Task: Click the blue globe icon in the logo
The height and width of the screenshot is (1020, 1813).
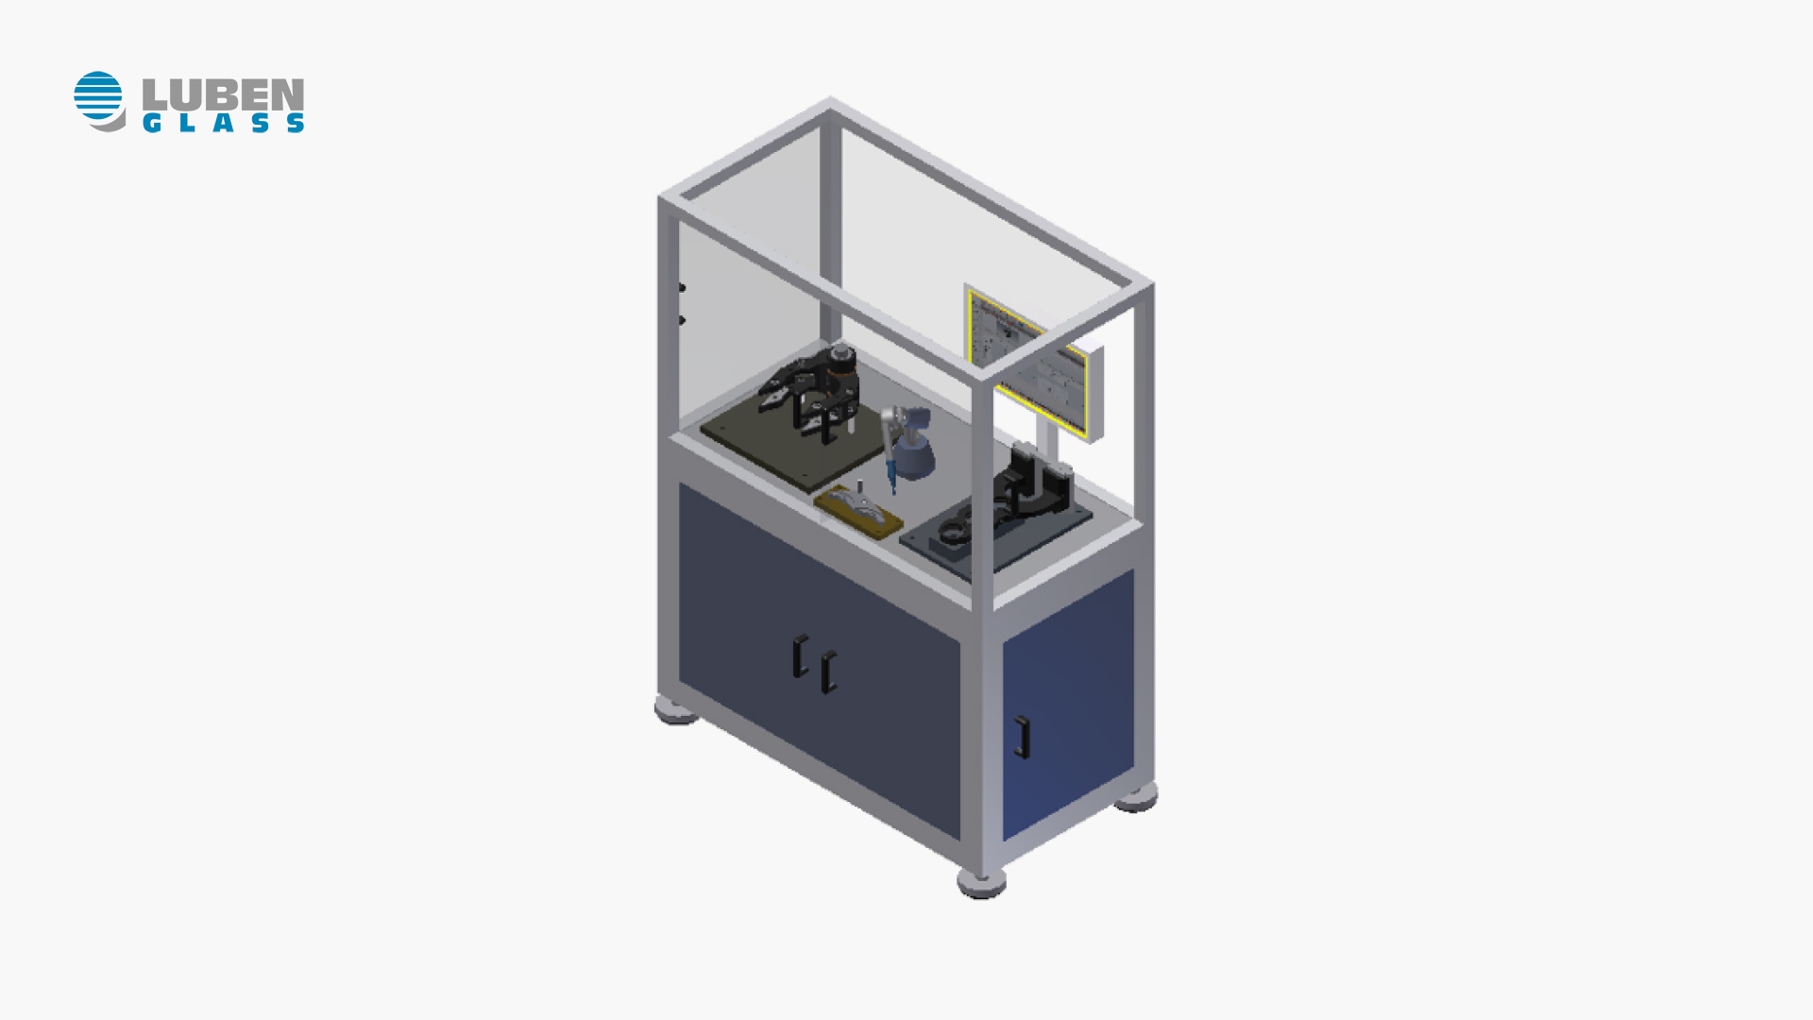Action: (98, 98)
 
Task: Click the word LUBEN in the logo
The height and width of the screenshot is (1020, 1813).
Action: (223, 94)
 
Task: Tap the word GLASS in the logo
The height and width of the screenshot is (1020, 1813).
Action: (223, 123)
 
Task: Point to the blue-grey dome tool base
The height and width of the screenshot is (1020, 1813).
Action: (914, 457)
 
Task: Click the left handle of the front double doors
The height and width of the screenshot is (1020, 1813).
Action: (800, 655)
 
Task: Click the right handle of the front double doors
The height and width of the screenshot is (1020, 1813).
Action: (828, 672)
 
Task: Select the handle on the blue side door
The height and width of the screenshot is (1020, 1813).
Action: (1021, 737)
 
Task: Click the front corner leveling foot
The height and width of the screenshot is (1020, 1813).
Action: (981, 884)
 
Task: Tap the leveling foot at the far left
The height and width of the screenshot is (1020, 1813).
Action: (675, 710)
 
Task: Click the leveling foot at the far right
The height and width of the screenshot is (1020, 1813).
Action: (1137, 799)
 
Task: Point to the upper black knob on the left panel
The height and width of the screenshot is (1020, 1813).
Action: (681, 288)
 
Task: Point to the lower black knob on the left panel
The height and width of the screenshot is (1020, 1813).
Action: (681, 320)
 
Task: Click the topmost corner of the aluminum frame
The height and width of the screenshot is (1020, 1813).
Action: (830, 102)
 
